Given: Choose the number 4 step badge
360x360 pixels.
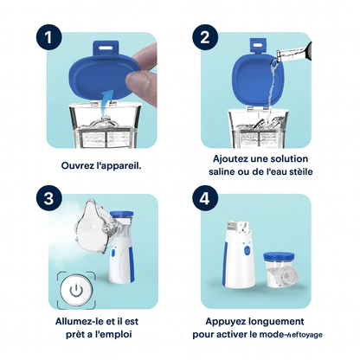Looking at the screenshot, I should (204, 196).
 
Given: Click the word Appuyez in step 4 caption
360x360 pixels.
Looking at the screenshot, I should (223, 320).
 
